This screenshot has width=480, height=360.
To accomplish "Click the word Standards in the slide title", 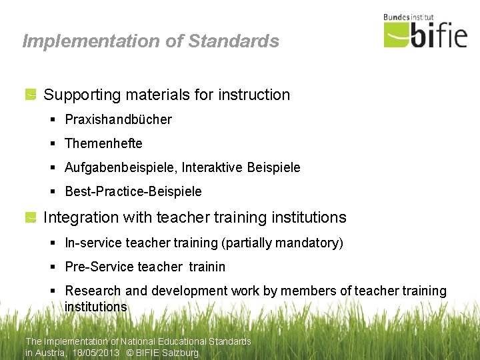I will pos(233,41).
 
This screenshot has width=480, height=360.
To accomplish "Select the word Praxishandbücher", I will pos(118,120).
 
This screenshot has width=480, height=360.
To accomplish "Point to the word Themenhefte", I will pos(103,144).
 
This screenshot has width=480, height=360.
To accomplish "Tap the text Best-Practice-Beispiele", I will pos(133,192).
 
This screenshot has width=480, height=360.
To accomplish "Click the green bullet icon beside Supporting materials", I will pos(31,95).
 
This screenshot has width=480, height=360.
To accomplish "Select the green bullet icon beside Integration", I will pos(31,217).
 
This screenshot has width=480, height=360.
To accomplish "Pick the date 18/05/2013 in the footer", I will pos(95,353).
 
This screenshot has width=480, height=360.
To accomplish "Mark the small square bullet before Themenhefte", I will pos(53,144).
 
